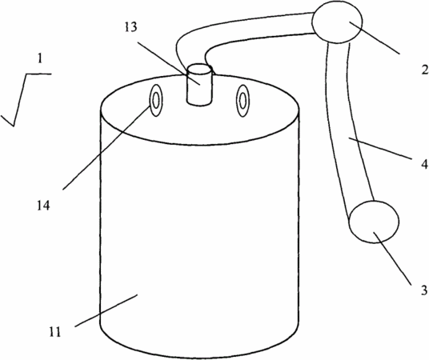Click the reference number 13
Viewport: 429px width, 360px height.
(130, 27)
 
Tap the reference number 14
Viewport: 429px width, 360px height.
(44, 206)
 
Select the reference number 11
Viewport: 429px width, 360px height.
(55, 332)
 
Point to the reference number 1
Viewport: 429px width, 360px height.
(40, 58)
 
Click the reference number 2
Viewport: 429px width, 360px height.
(425, 70)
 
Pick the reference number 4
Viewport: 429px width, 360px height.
(424, 165)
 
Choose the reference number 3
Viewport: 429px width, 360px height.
(424, 290)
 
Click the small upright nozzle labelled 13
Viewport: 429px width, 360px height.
(199, 84)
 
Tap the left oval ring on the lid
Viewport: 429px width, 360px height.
(156, 100)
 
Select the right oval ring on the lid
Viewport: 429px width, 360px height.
(243, 100)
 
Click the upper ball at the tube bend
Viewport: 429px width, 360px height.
(338, 22)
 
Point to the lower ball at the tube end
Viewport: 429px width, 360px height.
(374, 222)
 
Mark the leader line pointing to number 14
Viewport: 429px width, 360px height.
(106, 146)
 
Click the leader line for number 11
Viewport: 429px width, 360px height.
(106, 310)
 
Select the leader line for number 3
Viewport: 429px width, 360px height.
(392, 258)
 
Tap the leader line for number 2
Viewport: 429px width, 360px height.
(375, 38)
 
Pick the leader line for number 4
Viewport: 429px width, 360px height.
(379, 149)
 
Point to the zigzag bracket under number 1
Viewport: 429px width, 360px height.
(25, 100)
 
